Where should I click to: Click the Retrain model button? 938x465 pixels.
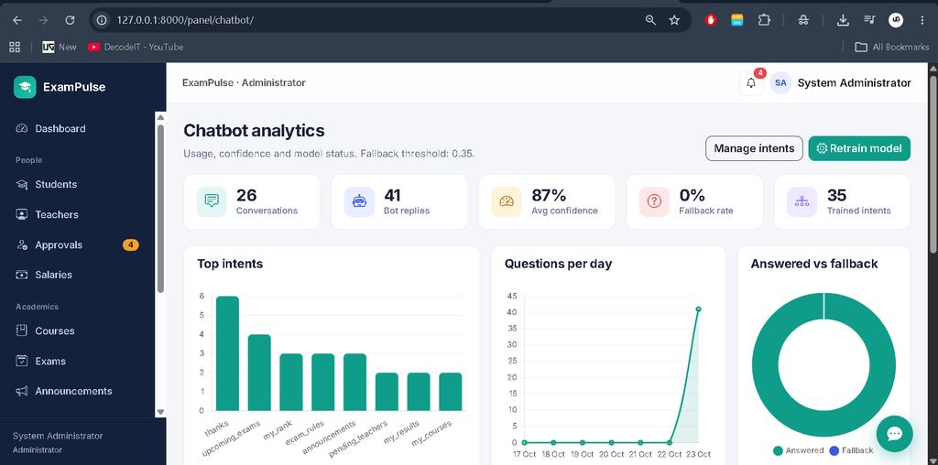[859, 148]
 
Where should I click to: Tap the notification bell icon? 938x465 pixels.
[751, 83]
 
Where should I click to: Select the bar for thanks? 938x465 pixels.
[227, 353]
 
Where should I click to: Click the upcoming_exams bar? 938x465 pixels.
[259, 373]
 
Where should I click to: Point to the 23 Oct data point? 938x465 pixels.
[698, 309]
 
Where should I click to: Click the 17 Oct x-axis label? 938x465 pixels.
[525, 454]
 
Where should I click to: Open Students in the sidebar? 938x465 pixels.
[56, 184]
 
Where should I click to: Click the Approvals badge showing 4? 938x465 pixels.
[130, 244]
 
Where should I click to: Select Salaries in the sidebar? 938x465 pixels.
[53, 275]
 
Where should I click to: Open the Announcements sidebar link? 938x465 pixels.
[73, 391]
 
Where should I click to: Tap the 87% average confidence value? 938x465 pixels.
[550, 196]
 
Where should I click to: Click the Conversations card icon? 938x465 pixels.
[212, 201]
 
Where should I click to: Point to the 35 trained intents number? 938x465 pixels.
[837, 196]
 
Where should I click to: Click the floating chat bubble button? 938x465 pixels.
[894, 434]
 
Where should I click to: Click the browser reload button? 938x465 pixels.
[70, 20]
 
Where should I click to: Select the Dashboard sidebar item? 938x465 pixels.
[60, 128]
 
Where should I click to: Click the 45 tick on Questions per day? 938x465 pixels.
[512, 296]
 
